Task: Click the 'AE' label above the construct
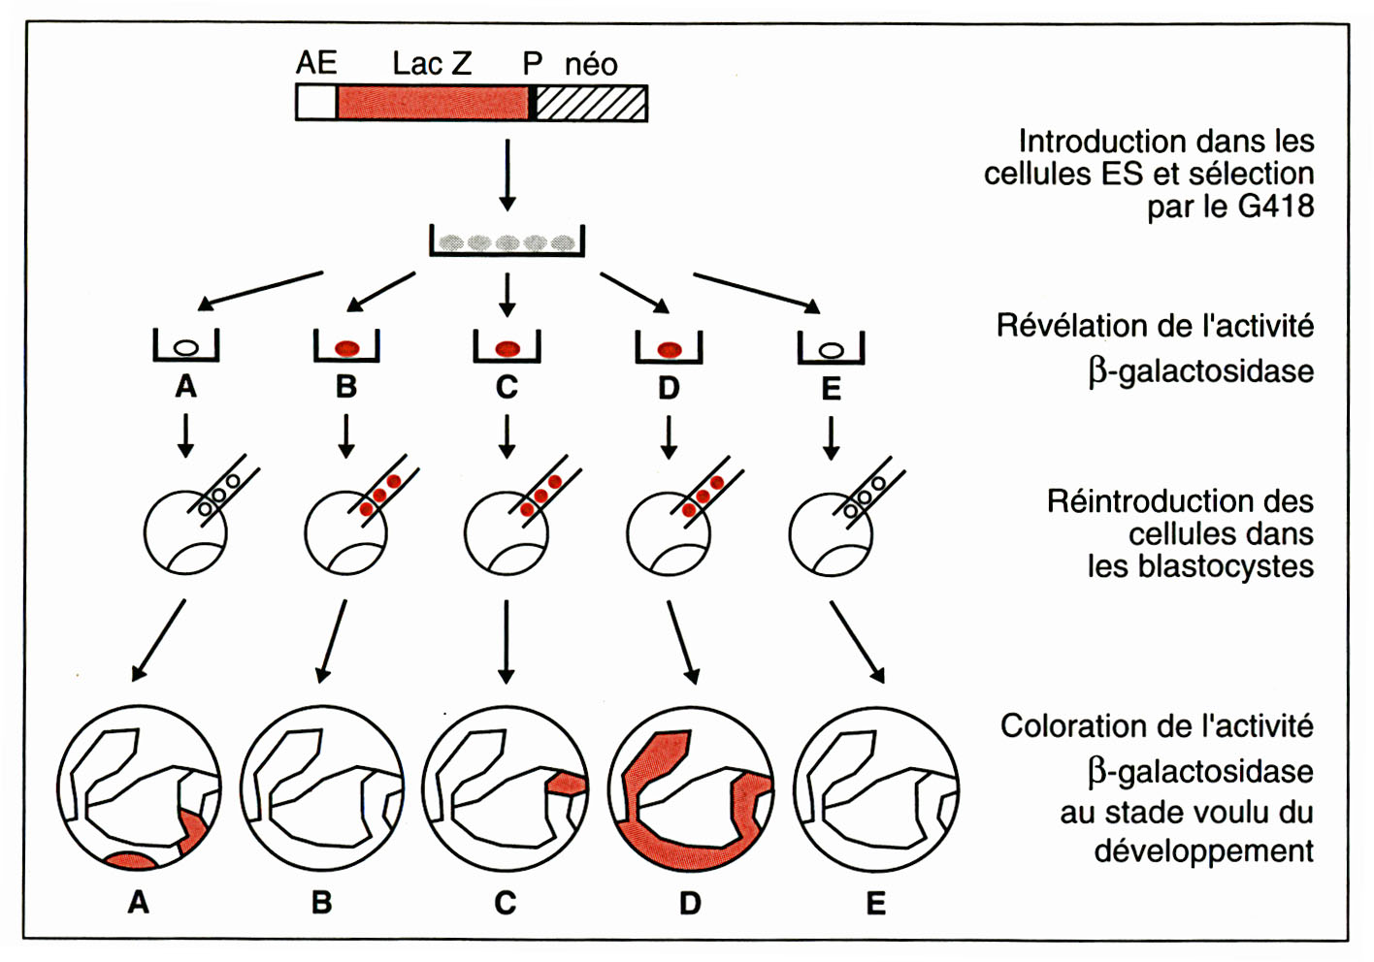click(x=316, y=63)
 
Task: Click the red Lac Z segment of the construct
click(x=433, y=103)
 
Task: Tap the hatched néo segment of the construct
click(x=591, y=103)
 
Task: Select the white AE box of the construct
click(x=316, y=103)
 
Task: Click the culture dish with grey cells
click(x=507, y=241)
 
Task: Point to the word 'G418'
click(x=1276, y=207)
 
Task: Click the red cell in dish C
click(x=507, y=348)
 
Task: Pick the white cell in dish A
click(x=185, y=347)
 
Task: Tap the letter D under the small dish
click(x=669, y=388)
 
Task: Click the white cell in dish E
click(x=831, y=349)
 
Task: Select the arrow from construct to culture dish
click(x=507, y=175)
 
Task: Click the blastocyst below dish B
click(x=345, y=533)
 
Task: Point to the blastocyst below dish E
click(x=831, y=533)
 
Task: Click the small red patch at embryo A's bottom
click(x=131, y=860)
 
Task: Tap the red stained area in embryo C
click(x=567, y=783)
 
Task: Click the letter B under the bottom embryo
click(x=321, y=904)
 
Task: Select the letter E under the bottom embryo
click(x=875, y=904)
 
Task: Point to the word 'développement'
click(x=1203, y=851)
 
